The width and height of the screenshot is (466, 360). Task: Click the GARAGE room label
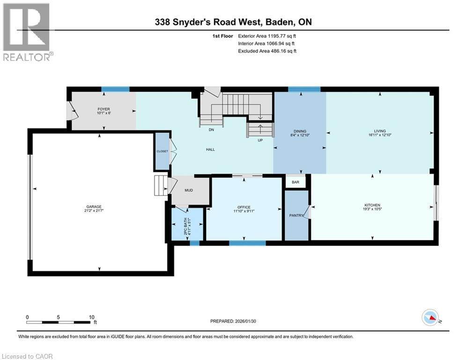(x=94, y=207)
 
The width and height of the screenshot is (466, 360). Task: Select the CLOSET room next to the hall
(x=162, y=151)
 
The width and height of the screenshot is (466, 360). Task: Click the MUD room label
(x=189, y=190)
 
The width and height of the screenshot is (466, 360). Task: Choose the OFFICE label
(x=244, y=207)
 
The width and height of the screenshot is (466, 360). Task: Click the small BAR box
(x=296, y=182)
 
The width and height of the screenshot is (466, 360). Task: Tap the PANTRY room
(x=296, y=216)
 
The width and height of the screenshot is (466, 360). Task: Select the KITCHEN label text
(x=372, y=205)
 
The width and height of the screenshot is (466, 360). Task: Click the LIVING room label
(x=379, y=132)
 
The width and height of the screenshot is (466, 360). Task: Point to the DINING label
(x=300, y=132)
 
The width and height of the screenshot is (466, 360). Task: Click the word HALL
(x=210, y=149)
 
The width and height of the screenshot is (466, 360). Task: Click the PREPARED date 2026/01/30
(x=233, y=321)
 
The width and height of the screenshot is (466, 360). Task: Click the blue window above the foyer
(x=115, y=89)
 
